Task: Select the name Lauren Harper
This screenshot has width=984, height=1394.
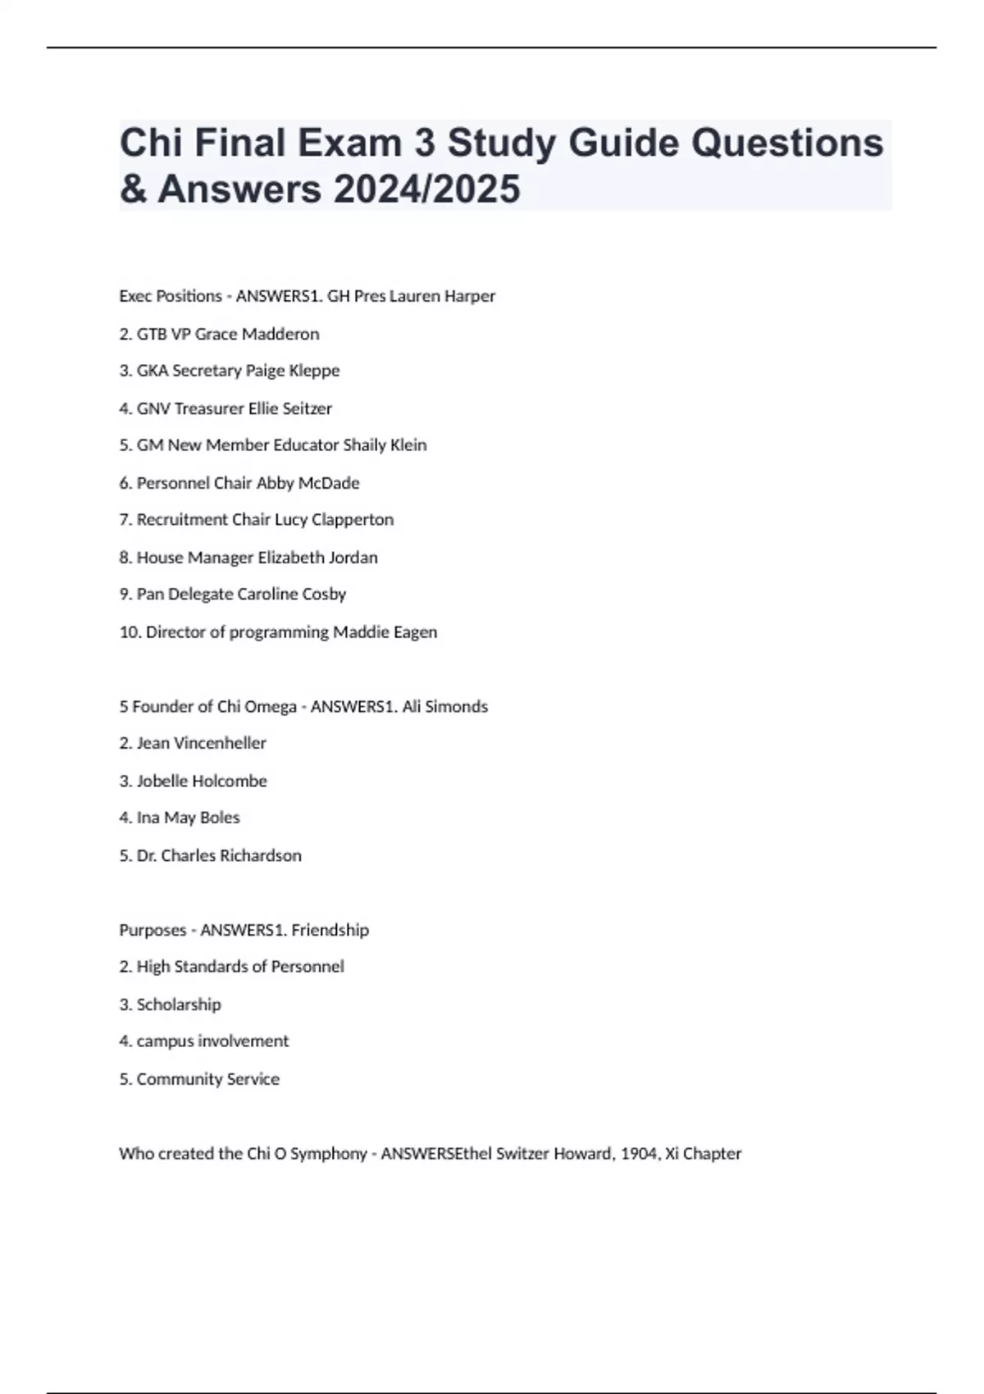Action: pos(442,296)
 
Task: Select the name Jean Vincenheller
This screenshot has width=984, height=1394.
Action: pos(202,744)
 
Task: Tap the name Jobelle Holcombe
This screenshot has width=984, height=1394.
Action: pos(202,781)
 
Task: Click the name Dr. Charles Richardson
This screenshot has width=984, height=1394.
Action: pos(219,856)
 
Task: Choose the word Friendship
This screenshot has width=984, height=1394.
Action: pos(330,930)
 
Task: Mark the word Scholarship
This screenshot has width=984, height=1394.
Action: pos(179,1004)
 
